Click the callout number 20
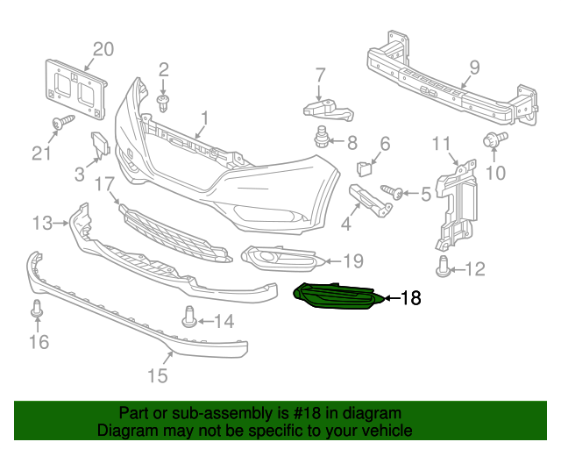click(x=103, y=49)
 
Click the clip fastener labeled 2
click(x=163, y=102)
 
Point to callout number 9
click(x=473, y=67)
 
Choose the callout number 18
click(x=409, y=299)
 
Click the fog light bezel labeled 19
click(x=280, y=257)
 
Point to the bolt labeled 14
click(x=188, y=317)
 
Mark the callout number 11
click(x=441, y=144)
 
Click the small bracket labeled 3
click(x=99, y=143)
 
